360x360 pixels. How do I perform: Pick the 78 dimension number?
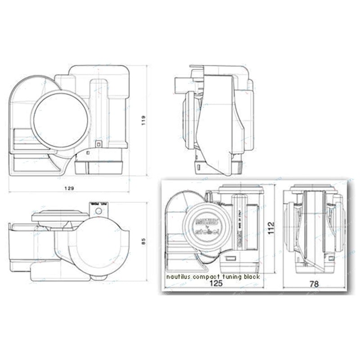315,284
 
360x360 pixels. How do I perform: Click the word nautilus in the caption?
179,277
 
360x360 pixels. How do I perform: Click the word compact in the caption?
205,277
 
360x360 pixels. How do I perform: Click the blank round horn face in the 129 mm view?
60,120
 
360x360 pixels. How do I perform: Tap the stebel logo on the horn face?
205,231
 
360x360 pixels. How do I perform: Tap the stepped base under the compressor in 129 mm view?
99,166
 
